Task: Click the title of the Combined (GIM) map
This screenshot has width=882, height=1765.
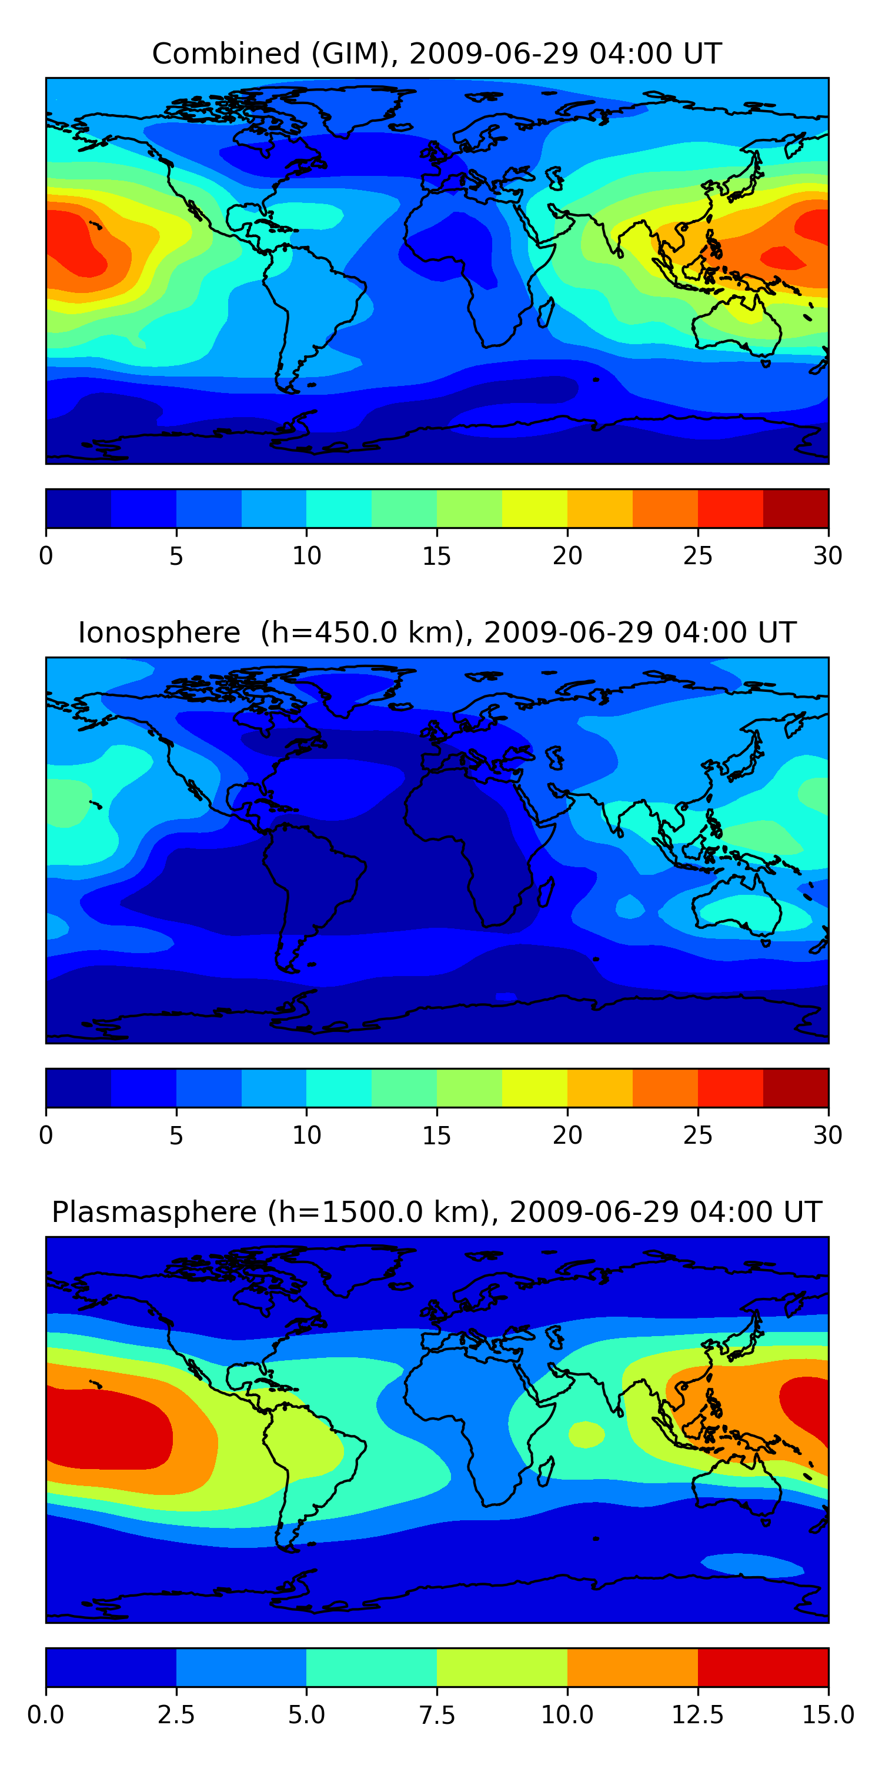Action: [x=437, y=54]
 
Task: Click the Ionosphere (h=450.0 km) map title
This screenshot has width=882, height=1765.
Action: [x=437, y=632]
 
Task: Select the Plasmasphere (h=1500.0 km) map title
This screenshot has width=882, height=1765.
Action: [x=437, y=1211]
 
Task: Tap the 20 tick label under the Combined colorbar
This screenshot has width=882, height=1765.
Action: [x=567, y=555]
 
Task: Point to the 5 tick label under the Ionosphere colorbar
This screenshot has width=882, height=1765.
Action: [x=176, y=1135]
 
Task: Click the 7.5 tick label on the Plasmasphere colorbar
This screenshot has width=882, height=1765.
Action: [x=437, y=1714]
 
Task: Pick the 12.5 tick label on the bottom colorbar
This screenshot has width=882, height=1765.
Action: [x=697, y=1714]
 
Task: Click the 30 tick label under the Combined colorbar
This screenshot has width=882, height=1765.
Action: [x=827, y=555]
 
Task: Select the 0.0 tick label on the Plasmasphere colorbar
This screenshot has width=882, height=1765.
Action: [x=46, y=1714]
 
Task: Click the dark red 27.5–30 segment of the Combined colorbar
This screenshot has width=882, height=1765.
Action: [x=796, y=508]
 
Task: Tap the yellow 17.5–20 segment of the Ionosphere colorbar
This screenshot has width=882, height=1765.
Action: [x=534, y=1087]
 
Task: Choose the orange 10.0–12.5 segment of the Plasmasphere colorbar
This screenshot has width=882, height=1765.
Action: [x=632, y=1666]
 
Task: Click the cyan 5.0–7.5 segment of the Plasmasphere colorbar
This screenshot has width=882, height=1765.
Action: [x=371, y=1666]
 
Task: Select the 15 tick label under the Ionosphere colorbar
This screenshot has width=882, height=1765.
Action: [x=437, y=1135]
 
